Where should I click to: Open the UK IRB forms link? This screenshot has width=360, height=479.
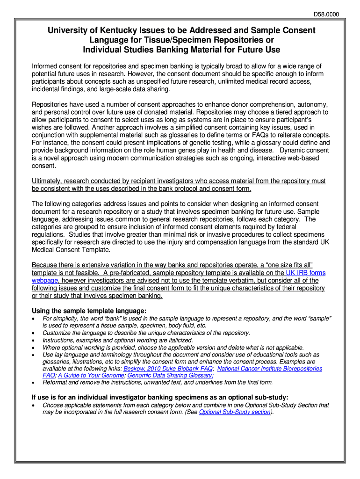click(306, 273)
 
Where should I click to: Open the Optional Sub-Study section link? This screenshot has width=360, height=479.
click(235, 412)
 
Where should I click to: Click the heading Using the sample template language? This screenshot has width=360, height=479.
click(89, 311)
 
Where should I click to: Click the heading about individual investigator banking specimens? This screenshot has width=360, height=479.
click(160, 397)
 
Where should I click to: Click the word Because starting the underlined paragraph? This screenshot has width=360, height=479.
click(46, 265)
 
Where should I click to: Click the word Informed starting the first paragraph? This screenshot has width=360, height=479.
click(45, 66)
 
